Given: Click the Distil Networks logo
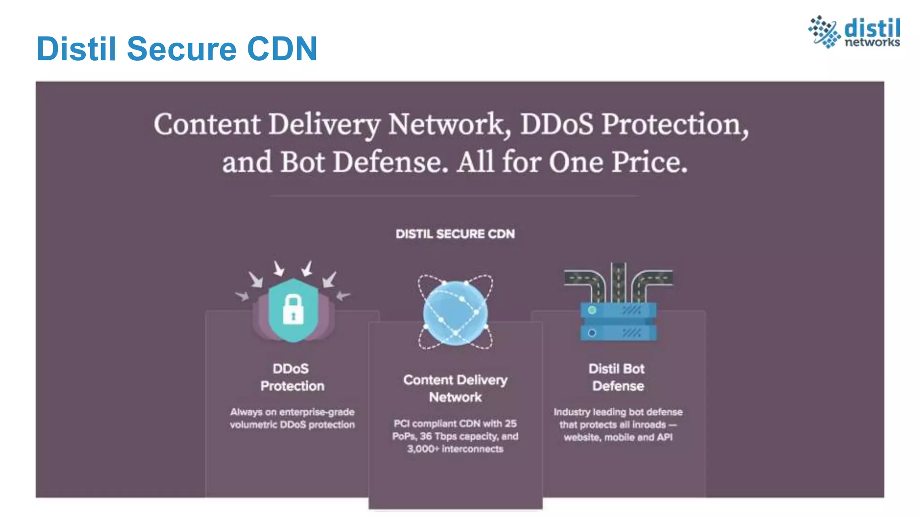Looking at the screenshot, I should click(854, 31).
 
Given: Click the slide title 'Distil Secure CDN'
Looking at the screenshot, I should click(177, 49).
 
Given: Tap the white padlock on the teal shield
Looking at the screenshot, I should click(293, 309).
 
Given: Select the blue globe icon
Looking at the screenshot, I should click(455, 313).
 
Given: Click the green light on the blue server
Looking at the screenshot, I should click(592, 310).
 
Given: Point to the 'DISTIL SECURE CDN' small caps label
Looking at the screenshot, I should click(455, 234).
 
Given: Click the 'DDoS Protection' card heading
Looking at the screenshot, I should click(292, 377).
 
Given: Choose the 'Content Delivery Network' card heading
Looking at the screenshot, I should click(455, 388).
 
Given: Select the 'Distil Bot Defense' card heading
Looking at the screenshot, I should click(617, 377).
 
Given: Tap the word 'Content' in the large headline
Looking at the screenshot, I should click(207, 124).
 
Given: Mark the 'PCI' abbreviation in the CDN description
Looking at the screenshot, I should click(401, 424).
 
